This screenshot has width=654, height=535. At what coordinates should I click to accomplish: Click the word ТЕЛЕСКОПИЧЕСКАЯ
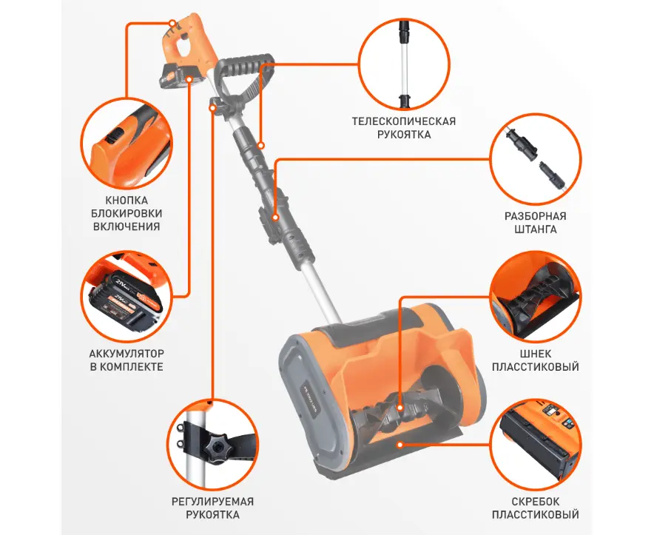click(x=404, y=121)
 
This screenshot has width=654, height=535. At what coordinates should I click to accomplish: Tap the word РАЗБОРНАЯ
click(x=536, y=216)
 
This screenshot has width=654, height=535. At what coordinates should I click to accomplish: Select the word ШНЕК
click(x=536, y=354)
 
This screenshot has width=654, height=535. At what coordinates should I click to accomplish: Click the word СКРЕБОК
click(x=536, y=501)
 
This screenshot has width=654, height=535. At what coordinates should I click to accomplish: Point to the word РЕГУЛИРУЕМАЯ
click(x=213, y=501)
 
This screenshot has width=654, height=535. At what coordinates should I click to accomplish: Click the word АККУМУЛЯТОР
click(x=127, y=354)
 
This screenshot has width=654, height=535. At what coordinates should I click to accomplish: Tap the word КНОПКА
click(x=127, y=201)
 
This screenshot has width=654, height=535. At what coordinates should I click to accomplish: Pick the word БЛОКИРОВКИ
click(x=127, y=213)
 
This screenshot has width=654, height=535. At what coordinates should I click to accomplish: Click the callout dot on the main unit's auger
click(x=400, y=408)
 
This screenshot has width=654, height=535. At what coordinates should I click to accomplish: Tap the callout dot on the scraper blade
click(x=400, y=445)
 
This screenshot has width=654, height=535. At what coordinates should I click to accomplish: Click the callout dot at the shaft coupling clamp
click(x=275, y=217)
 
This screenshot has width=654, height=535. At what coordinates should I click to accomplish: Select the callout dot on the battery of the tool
click(x=189, y=79)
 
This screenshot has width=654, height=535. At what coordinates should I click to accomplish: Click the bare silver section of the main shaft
click(x=322, y=292)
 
